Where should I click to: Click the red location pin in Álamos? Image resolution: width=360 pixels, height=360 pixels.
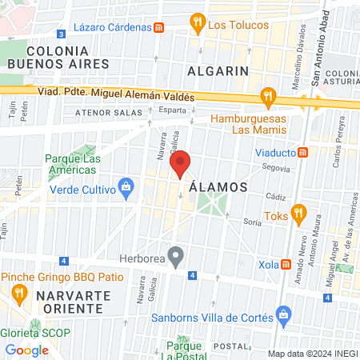[x=181, y=164]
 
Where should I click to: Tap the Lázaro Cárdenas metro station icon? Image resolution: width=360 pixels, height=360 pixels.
[x=160, y=26]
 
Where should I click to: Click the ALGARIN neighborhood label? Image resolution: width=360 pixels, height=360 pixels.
[x=218, y=70]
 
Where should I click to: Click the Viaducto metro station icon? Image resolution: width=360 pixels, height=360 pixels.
[x=302, y=153]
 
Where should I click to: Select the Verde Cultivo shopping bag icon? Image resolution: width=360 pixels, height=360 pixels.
[x=125, y=187]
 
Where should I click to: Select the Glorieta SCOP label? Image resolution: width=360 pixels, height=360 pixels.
[x=36, y=333]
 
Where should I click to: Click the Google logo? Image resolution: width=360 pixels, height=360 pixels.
[x=26, y=350]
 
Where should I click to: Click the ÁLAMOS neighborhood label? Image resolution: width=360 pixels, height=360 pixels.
[x=218, y=186]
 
